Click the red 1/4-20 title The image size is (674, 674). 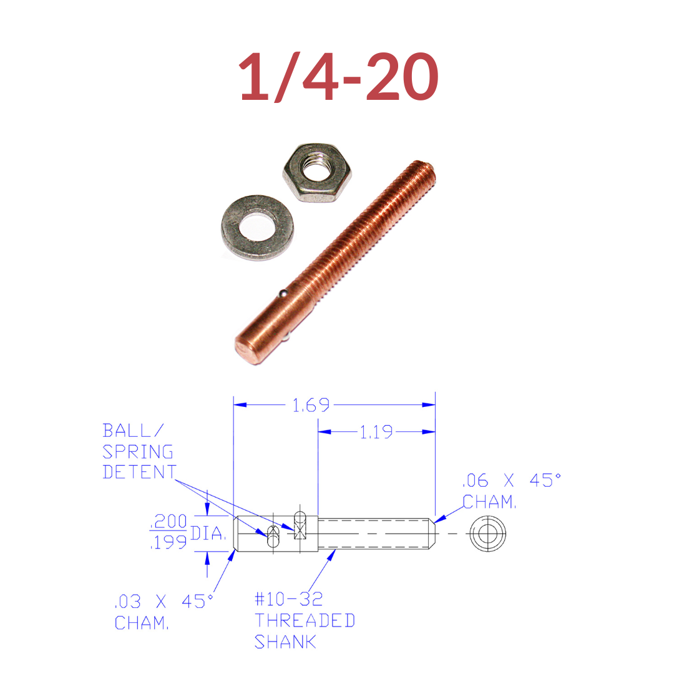[338, 77]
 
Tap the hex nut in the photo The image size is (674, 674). [317, 173]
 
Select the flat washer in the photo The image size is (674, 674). [258, 227]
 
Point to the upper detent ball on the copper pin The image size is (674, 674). [283, 294]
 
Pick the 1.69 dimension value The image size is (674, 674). [311, 405]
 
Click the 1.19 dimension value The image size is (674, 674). [376, 432]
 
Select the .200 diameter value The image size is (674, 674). [168, 521]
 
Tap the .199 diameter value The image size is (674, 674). [168, 542]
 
